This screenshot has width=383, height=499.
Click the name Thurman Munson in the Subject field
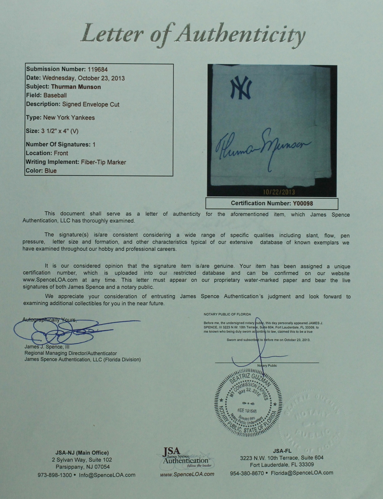point(76,87)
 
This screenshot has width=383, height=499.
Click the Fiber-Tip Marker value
point(103,162)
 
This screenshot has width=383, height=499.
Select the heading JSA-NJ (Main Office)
point(82,453)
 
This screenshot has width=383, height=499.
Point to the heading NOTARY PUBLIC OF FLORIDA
point(227,314)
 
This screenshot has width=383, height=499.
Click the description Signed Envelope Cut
point(91,104)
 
